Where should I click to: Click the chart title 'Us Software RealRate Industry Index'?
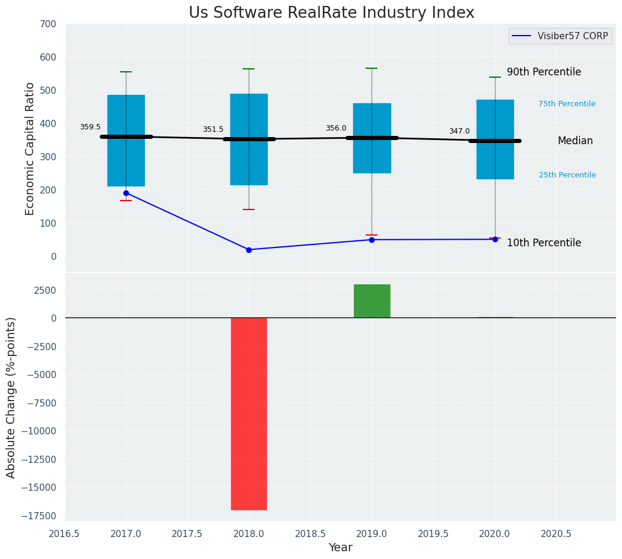331,13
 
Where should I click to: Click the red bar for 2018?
249,414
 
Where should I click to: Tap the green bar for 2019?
372,301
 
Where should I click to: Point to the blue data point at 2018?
249,250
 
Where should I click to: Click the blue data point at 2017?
126,193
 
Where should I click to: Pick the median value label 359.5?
90,127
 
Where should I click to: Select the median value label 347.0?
459,131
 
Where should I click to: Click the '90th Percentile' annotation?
544,72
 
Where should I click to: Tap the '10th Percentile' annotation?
544,243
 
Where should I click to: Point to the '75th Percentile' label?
567,104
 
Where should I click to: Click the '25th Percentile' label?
567,175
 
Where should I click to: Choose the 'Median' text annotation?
575,141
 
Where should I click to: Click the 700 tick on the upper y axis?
48,24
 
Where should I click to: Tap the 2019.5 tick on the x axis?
433,533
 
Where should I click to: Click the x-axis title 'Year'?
340,548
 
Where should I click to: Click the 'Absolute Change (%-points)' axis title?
11,397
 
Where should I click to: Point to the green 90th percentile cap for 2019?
372,68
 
